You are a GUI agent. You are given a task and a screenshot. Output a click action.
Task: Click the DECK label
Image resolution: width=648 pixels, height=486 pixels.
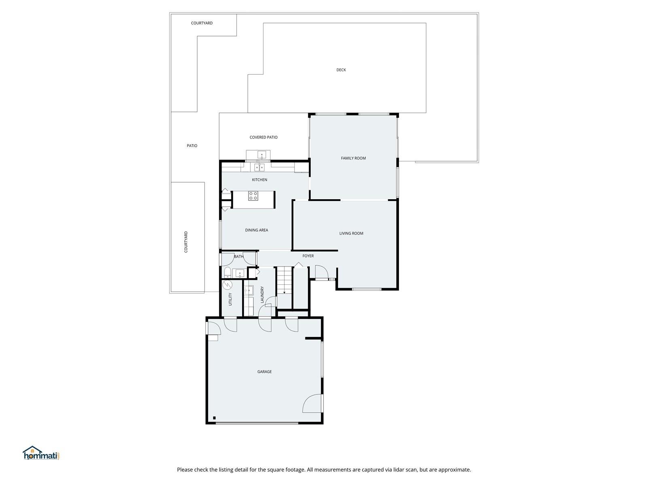click(x=341, y=70)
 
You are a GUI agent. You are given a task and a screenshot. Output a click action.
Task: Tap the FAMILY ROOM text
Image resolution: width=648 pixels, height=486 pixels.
click(x=353, y=158)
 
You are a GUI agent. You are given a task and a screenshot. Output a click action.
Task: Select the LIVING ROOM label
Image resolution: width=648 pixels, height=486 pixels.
click(x=351, y=233)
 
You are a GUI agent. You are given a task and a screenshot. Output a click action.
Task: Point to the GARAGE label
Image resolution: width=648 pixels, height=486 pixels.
click(x=264, y=372)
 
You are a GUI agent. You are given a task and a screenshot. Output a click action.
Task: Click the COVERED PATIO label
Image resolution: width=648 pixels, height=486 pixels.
click(x=263, y=137)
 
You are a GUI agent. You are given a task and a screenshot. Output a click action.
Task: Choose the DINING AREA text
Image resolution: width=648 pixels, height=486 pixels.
click(x=256, y=230)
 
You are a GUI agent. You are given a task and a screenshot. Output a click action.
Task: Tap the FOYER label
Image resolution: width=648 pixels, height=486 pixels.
click(x=308, y=256)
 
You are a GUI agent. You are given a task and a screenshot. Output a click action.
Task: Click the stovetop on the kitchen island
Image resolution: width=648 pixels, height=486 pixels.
click(x=253, y=196)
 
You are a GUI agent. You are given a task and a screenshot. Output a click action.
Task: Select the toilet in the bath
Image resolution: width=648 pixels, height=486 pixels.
click(x=227, y=272)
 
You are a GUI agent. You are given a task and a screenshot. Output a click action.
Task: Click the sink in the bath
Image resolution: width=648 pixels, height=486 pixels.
click(x=239, y=273)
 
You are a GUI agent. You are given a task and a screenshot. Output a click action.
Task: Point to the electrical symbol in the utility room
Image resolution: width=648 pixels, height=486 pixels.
click(x=227, y=285)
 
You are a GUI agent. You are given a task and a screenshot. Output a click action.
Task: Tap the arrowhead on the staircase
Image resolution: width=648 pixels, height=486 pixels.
click(x=284, y=292)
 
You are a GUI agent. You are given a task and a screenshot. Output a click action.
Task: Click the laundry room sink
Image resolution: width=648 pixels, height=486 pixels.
click(x=249, y=290)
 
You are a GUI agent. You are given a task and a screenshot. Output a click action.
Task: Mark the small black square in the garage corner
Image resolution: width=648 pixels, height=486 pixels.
click(x=214, y=418)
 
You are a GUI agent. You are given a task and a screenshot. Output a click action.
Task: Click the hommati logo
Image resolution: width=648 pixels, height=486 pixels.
click(x=41, y=453)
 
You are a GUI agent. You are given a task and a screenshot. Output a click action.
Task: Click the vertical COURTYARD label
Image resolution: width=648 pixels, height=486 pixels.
click(x=186, y=242)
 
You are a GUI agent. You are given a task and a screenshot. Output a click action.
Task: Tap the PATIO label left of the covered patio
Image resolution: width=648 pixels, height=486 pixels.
click(x=192, y=146)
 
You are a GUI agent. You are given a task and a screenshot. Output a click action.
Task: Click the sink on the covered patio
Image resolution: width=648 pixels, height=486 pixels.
click(x=262, y=155)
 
